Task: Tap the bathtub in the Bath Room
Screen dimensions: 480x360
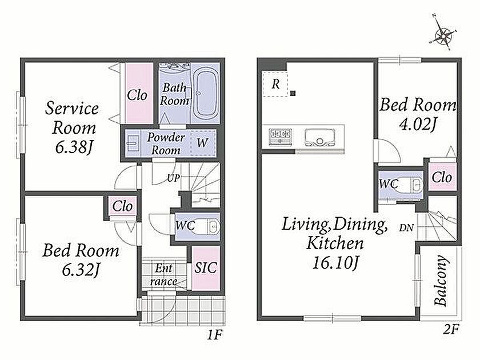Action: coord(205,93)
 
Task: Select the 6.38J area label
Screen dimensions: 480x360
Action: coord(74,147)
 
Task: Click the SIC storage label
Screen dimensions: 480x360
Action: coord(206,268)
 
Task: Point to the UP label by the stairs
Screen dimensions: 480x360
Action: coord(173,178)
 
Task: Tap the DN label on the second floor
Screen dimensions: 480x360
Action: coord(406,228)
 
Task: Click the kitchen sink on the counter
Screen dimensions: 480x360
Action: coord(319,137)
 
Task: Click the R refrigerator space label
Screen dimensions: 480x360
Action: coord(276,83)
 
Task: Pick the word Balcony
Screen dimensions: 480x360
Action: coord(441,281)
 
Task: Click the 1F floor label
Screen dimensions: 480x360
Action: coord(214,335)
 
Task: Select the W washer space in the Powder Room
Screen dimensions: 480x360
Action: coord(203,143)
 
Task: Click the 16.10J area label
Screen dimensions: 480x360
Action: coord(335,263)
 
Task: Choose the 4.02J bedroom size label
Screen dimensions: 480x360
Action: coord(418,125)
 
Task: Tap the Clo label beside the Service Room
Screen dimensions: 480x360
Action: coord(137,95)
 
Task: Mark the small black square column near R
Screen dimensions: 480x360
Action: coord(293,93)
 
